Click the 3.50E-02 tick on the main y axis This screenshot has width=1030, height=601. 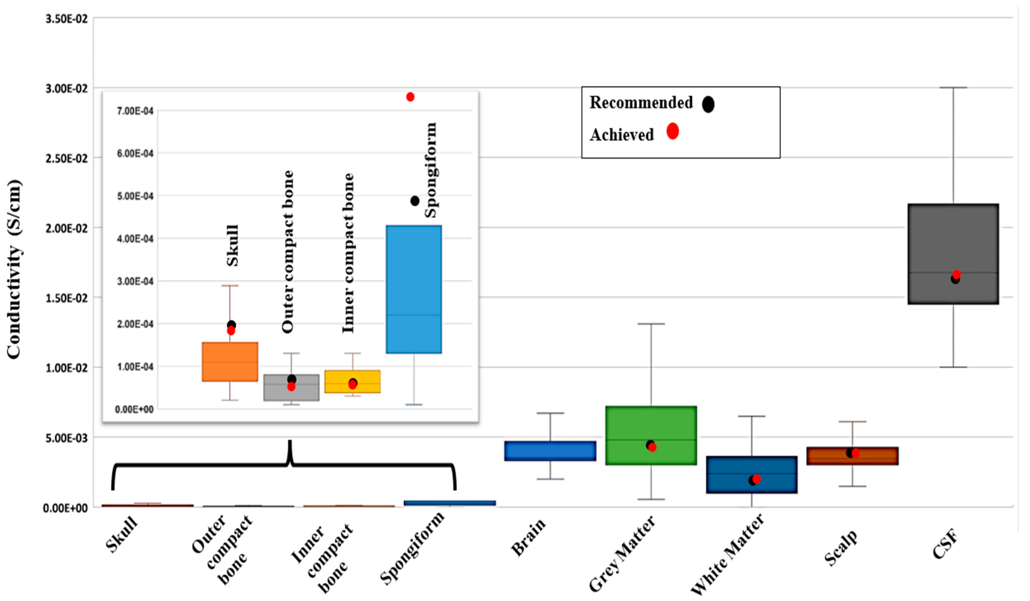click(x=67, y=19)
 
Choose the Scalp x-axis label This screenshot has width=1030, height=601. click(x=841, y=548)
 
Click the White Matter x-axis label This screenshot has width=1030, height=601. click(x=728, y=554)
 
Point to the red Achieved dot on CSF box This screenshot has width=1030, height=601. click(x=957, y=274)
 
